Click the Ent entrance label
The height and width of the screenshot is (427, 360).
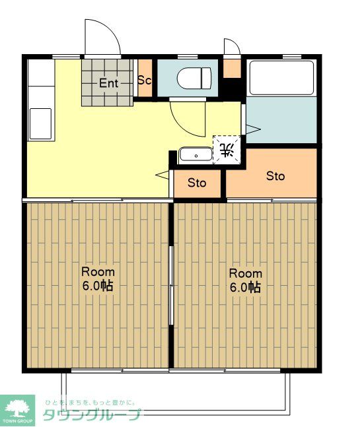pos(108,83)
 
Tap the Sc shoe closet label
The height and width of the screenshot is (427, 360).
pos(145,80)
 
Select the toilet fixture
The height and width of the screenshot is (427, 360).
pos(194,78)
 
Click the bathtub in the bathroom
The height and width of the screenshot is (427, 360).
pos(281,78)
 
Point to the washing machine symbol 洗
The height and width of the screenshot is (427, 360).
pos(227,150)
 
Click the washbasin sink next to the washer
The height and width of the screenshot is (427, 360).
pos(196,155)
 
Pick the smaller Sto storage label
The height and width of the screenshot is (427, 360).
pos(197,183)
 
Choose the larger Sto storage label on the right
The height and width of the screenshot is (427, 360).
pos(275,176)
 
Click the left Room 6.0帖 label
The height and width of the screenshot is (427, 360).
pos(98,279)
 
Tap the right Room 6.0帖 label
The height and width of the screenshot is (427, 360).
pos(246,280)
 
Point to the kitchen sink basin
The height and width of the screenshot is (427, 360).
pos(40,123)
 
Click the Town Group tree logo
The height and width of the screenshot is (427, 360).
pos(18,408)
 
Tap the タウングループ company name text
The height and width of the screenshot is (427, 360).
pos(92,415)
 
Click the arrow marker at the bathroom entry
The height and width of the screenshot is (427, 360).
pos(253,129)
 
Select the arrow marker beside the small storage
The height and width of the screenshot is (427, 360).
pos(162,175)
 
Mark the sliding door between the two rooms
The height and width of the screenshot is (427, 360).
pos(172,285)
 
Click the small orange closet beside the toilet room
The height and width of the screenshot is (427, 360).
pos(233,69)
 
